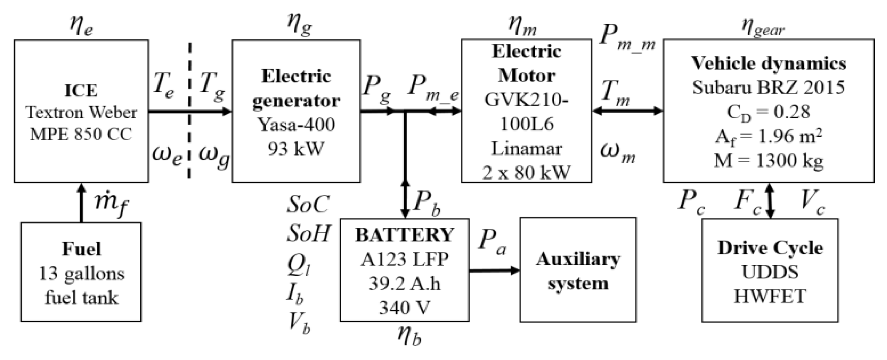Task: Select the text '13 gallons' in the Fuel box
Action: (82, 274)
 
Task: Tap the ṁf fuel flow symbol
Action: (111, 204)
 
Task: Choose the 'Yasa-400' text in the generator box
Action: (296, 125)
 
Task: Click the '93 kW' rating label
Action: (296, 149)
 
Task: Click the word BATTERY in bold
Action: (404, 235)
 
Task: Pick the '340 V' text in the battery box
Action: (404, 307)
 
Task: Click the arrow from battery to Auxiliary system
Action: (494, 270)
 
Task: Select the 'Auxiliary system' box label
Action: (578, 271)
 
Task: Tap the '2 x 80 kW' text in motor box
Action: (526, 173)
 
